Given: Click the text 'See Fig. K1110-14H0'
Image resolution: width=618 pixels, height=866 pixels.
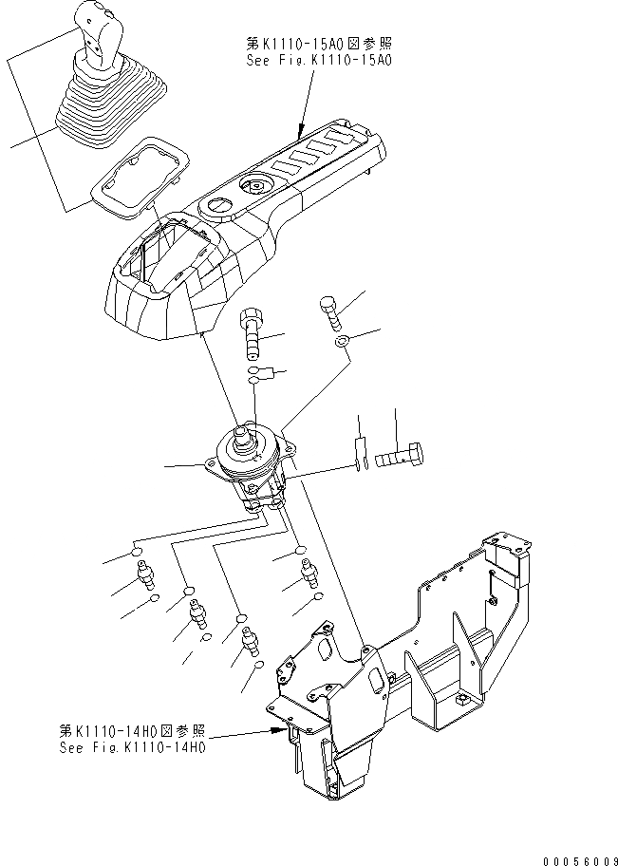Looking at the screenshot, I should (132, 746).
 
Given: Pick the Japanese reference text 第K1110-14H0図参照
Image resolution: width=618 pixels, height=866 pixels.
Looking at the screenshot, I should (132, 731).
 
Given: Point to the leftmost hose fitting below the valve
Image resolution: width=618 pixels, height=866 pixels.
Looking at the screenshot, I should (144, 574).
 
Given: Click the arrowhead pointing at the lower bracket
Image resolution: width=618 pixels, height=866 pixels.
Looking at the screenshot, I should (276, 731).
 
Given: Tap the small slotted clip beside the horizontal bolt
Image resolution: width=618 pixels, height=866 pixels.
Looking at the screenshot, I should (359, 453).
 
